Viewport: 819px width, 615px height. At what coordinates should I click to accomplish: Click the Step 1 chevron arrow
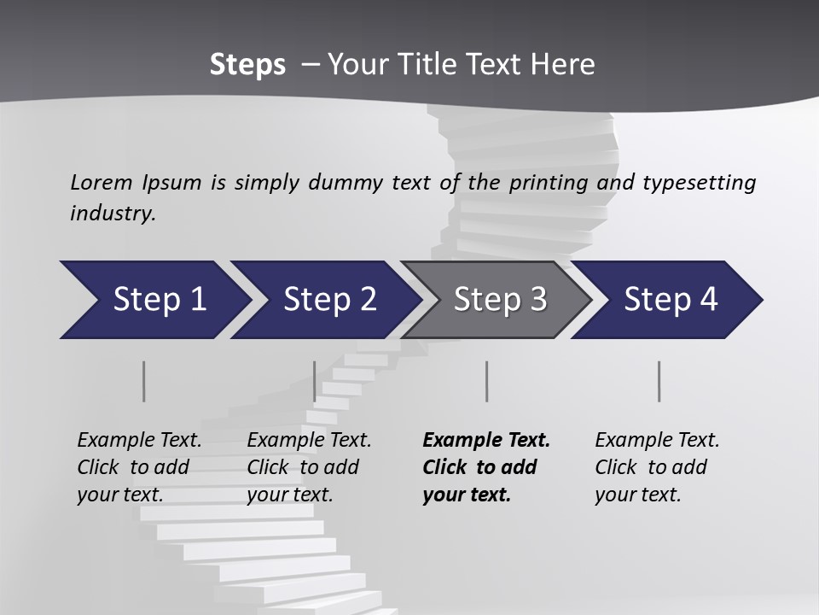click(x=158, y=300)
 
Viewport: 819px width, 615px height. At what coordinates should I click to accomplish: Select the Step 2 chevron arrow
click(x=328, y=300)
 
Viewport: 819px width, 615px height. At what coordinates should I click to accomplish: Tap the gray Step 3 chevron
click(x=499, y=300)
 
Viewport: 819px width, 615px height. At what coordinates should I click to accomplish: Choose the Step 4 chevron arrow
click(x=670, y=300)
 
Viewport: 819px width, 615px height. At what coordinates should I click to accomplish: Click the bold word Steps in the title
click(x=247, y=65)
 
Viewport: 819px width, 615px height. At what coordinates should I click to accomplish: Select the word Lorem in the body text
click(x=102, y=182)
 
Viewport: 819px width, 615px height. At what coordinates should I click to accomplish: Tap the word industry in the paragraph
click(x=113, y=214)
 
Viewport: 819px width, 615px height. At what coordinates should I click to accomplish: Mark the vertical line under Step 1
click(x=144, y=381)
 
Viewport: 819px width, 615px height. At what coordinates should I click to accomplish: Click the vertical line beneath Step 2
click(x=315, y=381)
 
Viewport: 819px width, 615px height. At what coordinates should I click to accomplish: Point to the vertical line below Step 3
click(x=486, y=381)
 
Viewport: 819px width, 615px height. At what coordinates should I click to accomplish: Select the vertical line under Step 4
click(x=659, y=381)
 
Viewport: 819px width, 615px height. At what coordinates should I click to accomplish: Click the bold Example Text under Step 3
click(x=486, y=441)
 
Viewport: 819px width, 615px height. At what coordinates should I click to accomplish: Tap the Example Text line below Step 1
click(x=139, y=441)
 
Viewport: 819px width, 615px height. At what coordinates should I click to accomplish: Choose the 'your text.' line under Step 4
click(x=637, y=495)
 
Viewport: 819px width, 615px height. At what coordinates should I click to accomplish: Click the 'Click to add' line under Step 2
click(x=303, y=467)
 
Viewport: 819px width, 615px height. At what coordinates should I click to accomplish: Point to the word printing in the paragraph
click(x=549, y=182)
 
